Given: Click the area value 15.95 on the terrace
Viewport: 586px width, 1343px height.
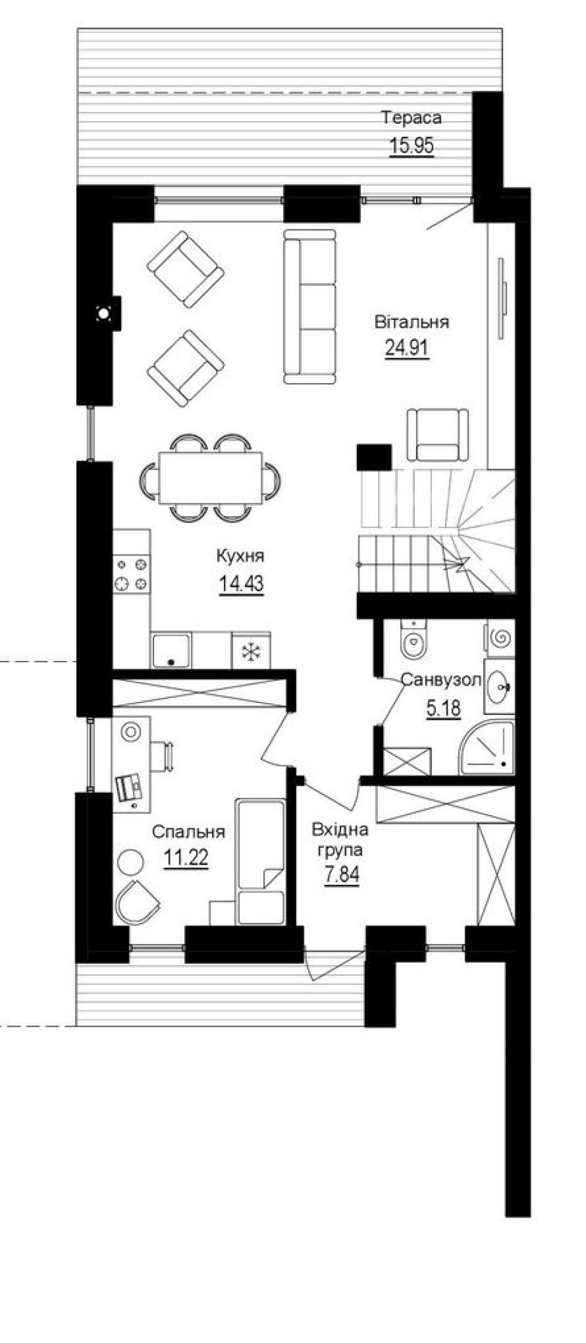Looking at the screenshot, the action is (x=411, y=145).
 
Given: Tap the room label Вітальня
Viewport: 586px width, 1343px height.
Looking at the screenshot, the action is (x=412, y=322).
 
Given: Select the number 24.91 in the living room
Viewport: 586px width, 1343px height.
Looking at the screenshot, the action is (x=407, y=348).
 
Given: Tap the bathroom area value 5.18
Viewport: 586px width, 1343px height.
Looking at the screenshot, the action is (x=443, y=708).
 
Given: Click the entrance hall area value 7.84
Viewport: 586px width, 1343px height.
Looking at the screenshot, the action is (x=342, y=875).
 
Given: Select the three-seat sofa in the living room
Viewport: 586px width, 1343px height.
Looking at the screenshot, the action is (x=310, y=306).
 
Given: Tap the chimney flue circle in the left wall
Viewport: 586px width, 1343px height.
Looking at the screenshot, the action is (x=104, y=314).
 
